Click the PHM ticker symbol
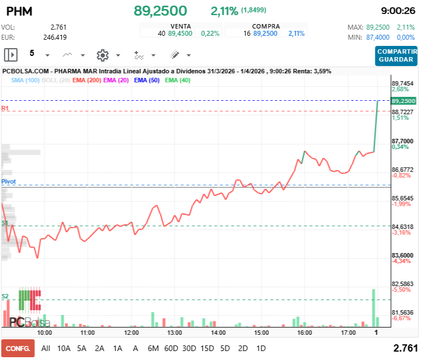point(20,11)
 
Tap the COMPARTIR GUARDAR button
point(396,55)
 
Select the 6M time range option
point(153,348)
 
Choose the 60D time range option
point(171,348)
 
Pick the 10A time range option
point(64,348)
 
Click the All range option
point(46,348)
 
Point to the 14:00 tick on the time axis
point(218,333)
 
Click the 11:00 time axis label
point(87,333)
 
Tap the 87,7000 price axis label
point(402,141)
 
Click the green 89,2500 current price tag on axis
point(404,101)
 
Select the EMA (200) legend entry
point(86,80)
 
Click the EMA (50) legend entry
point(147,80)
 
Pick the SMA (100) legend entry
point(25,80)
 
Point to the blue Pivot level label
point(8,182)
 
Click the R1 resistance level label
point(5,108)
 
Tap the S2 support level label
point(5,296)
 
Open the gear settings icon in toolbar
point(102,55)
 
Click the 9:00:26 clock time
point(397,11)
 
